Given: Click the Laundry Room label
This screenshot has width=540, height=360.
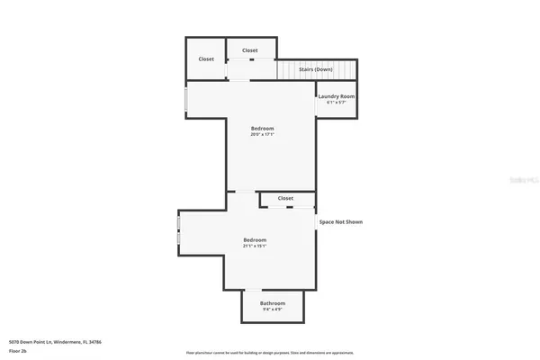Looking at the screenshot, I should coord(337,96).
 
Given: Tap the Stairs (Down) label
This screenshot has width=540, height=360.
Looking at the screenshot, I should coord(316,69).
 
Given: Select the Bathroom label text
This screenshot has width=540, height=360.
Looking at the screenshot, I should coord(273,303).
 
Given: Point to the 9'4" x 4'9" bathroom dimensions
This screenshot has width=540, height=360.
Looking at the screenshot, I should coord(273,310).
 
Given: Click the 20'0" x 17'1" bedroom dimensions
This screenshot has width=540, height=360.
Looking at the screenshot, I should coord(262,135).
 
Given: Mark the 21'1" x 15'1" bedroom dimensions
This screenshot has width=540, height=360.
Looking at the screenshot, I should coord(255,247).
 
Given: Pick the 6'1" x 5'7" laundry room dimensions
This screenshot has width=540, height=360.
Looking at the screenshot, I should coord(337,103).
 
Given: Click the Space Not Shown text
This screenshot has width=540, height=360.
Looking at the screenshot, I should coord(341,221).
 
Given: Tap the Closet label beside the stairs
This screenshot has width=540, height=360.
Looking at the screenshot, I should coord(250,50).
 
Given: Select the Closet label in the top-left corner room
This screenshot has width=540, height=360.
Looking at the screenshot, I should coord(206,59).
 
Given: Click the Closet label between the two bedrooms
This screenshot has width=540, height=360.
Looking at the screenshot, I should coord(285,198).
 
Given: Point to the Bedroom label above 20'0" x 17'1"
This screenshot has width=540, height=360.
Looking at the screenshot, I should coord(262,129).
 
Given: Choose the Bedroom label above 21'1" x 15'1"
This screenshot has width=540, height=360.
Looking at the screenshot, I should coord(255,240).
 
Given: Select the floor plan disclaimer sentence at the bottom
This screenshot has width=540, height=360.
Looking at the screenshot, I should coord(270,353).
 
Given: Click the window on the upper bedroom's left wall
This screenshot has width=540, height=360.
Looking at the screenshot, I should coord(186,100).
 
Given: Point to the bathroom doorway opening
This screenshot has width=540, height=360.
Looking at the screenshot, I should coord(255,290).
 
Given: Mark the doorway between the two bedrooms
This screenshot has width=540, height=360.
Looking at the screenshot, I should coord(243,191).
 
